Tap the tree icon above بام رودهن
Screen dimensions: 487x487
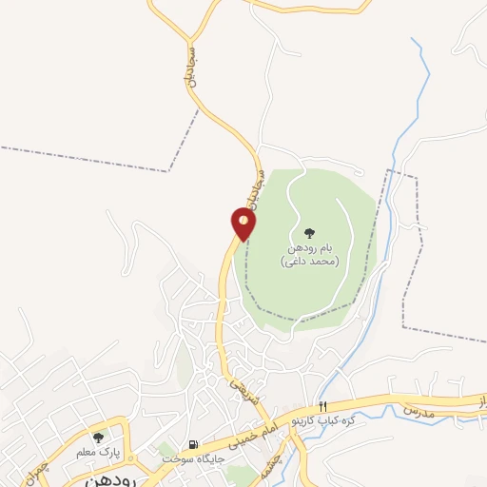click(309, 231)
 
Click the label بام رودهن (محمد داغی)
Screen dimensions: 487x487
click(310, 253)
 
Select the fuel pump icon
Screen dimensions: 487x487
click(194, 444)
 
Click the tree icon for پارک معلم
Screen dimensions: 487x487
click(98, 437)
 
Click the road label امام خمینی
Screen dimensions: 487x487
click(262, 430)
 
